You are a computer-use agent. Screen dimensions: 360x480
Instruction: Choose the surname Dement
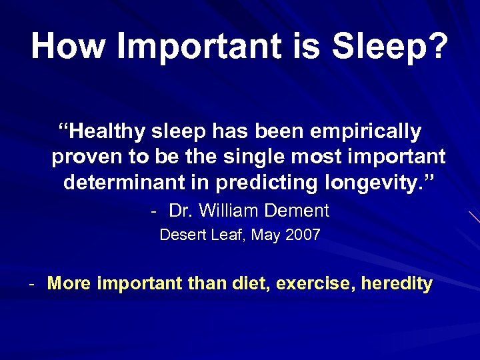point(297,211)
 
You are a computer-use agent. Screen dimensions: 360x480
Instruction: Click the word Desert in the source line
point(179,235)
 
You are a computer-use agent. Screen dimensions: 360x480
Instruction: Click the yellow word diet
point(253,283)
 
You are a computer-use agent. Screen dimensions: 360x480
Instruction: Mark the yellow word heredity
point(397,283)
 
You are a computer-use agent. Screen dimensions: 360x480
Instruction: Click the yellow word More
point(70,283)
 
